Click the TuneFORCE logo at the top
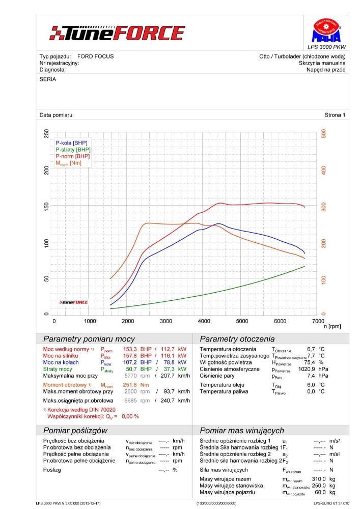click(117, 34)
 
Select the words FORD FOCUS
click(96, 56)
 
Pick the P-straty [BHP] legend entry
click(73, 150)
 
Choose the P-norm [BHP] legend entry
click(73, 156)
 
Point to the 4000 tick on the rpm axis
click(204, 321)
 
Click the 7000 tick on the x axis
click(317, 321)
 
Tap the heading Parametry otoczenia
click(237, 339)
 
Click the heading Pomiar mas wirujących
click(242, 431)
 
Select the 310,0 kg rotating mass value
click(319, 479)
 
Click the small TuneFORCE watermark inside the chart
click(74, 302)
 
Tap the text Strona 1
click(335, 115)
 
